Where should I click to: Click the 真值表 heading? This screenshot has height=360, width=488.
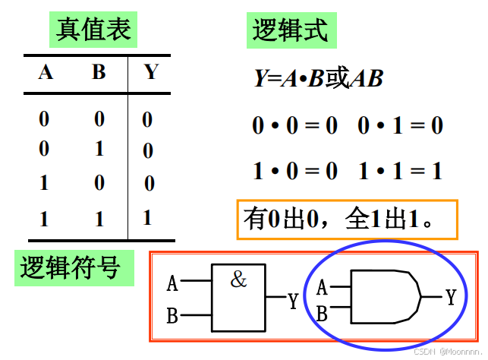coord(94,30)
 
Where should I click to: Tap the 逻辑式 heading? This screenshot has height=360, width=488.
coord(290,30)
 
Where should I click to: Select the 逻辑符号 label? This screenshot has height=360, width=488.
coord(69,268)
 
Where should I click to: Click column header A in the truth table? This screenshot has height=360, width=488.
coord(46,72)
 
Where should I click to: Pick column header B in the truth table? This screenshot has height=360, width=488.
coord(99,72)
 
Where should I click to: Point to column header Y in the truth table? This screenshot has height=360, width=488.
coord(151,72)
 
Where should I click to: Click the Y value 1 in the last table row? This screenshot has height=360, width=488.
coord(147,217)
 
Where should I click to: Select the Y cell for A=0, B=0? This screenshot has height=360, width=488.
coord(147,119)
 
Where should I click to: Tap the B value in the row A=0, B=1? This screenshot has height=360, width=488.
coord(99,148)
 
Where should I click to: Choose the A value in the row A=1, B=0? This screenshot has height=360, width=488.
coord(44,183)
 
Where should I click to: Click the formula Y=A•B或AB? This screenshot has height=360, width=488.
coord(318,78)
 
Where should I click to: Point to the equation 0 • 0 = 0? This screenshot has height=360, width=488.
coord(294,125)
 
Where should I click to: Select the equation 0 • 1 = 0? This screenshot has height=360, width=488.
coord(400,125)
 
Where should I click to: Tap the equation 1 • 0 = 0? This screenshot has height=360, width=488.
coord(294,171)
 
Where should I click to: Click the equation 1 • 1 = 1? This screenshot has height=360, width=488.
coord(400,171)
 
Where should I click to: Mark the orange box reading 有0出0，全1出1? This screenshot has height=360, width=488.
coord(347,219)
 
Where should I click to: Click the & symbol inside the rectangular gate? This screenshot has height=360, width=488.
coord(238,279)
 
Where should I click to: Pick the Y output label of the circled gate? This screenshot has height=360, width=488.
coord(450,297)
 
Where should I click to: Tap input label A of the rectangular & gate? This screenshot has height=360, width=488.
coord(172,284)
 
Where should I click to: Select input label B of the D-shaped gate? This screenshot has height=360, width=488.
coord(322,312)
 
